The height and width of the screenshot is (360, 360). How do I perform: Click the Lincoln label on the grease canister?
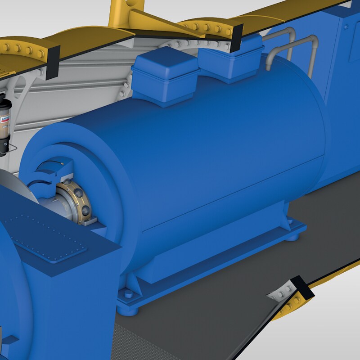[x=4, y=118]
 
